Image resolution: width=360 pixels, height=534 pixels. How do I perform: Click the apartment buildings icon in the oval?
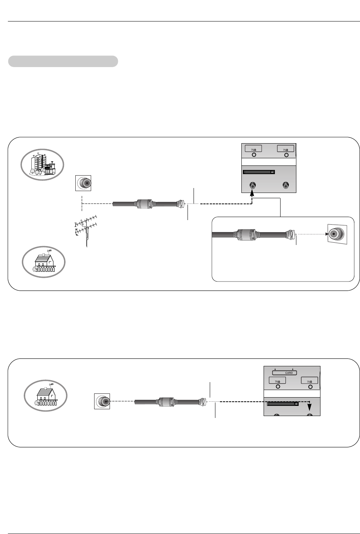43,165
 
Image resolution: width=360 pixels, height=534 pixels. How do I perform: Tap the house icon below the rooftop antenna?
44,261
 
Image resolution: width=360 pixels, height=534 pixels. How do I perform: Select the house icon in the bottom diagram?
46,396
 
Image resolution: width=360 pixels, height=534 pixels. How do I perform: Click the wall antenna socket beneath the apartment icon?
84,183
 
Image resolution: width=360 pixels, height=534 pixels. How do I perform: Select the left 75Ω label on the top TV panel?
253,149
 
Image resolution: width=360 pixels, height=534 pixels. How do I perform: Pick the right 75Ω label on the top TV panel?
286,149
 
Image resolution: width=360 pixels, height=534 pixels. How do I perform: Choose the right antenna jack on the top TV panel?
286,185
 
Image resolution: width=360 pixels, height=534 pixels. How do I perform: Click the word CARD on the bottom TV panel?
288,373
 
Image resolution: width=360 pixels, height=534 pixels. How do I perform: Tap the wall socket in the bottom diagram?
102,402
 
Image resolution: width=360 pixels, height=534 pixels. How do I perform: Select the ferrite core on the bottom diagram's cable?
166,402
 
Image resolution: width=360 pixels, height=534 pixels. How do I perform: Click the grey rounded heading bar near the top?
63,61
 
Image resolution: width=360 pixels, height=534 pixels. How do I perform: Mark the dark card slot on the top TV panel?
259,172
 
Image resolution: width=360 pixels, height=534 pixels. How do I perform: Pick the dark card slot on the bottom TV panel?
283,404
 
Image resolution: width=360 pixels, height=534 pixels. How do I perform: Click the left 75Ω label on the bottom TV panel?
278,381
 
